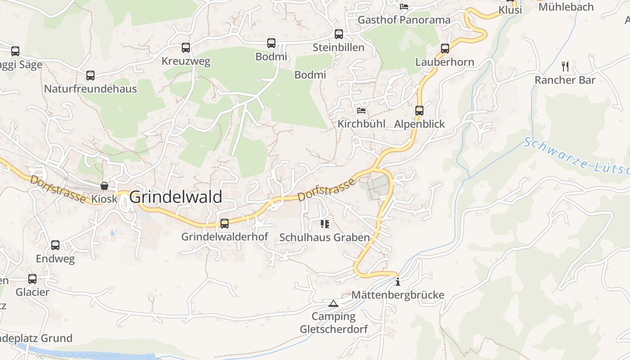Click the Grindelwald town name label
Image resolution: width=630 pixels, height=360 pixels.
click(175, 197)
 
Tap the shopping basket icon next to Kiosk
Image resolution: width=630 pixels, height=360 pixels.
click(104, 185)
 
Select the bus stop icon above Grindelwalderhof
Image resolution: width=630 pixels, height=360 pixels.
click(225, 223)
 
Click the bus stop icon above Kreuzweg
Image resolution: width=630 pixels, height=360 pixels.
click(186, 47)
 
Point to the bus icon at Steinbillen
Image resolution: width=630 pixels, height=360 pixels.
click(339, 34)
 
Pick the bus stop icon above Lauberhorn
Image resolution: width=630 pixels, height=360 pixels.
click(445, 48)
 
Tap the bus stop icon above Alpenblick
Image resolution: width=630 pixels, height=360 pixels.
click(419, 110)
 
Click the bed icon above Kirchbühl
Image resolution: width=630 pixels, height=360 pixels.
click(361, 110)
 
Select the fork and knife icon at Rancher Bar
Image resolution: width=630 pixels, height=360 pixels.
click(565, 67)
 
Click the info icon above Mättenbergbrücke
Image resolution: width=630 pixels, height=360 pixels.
click(398, 282)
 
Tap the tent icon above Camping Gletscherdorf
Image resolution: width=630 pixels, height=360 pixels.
click(333, 304)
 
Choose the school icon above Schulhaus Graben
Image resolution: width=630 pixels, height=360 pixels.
click(324, 224)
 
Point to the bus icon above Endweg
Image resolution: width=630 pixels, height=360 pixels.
click(55, 245)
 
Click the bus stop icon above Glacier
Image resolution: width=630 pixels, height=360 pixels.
click(32, 279)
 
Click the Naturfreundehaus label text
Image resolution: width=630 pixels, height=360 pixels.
click(90, 89)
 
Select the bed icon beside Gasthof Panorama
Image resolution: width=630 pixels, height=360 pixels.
click(404, 7)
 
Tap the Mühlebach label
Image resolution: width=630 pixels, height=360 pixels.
click(566, 7)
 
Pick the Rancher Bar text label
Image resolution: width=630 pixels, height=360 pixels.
click(565, 80)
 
